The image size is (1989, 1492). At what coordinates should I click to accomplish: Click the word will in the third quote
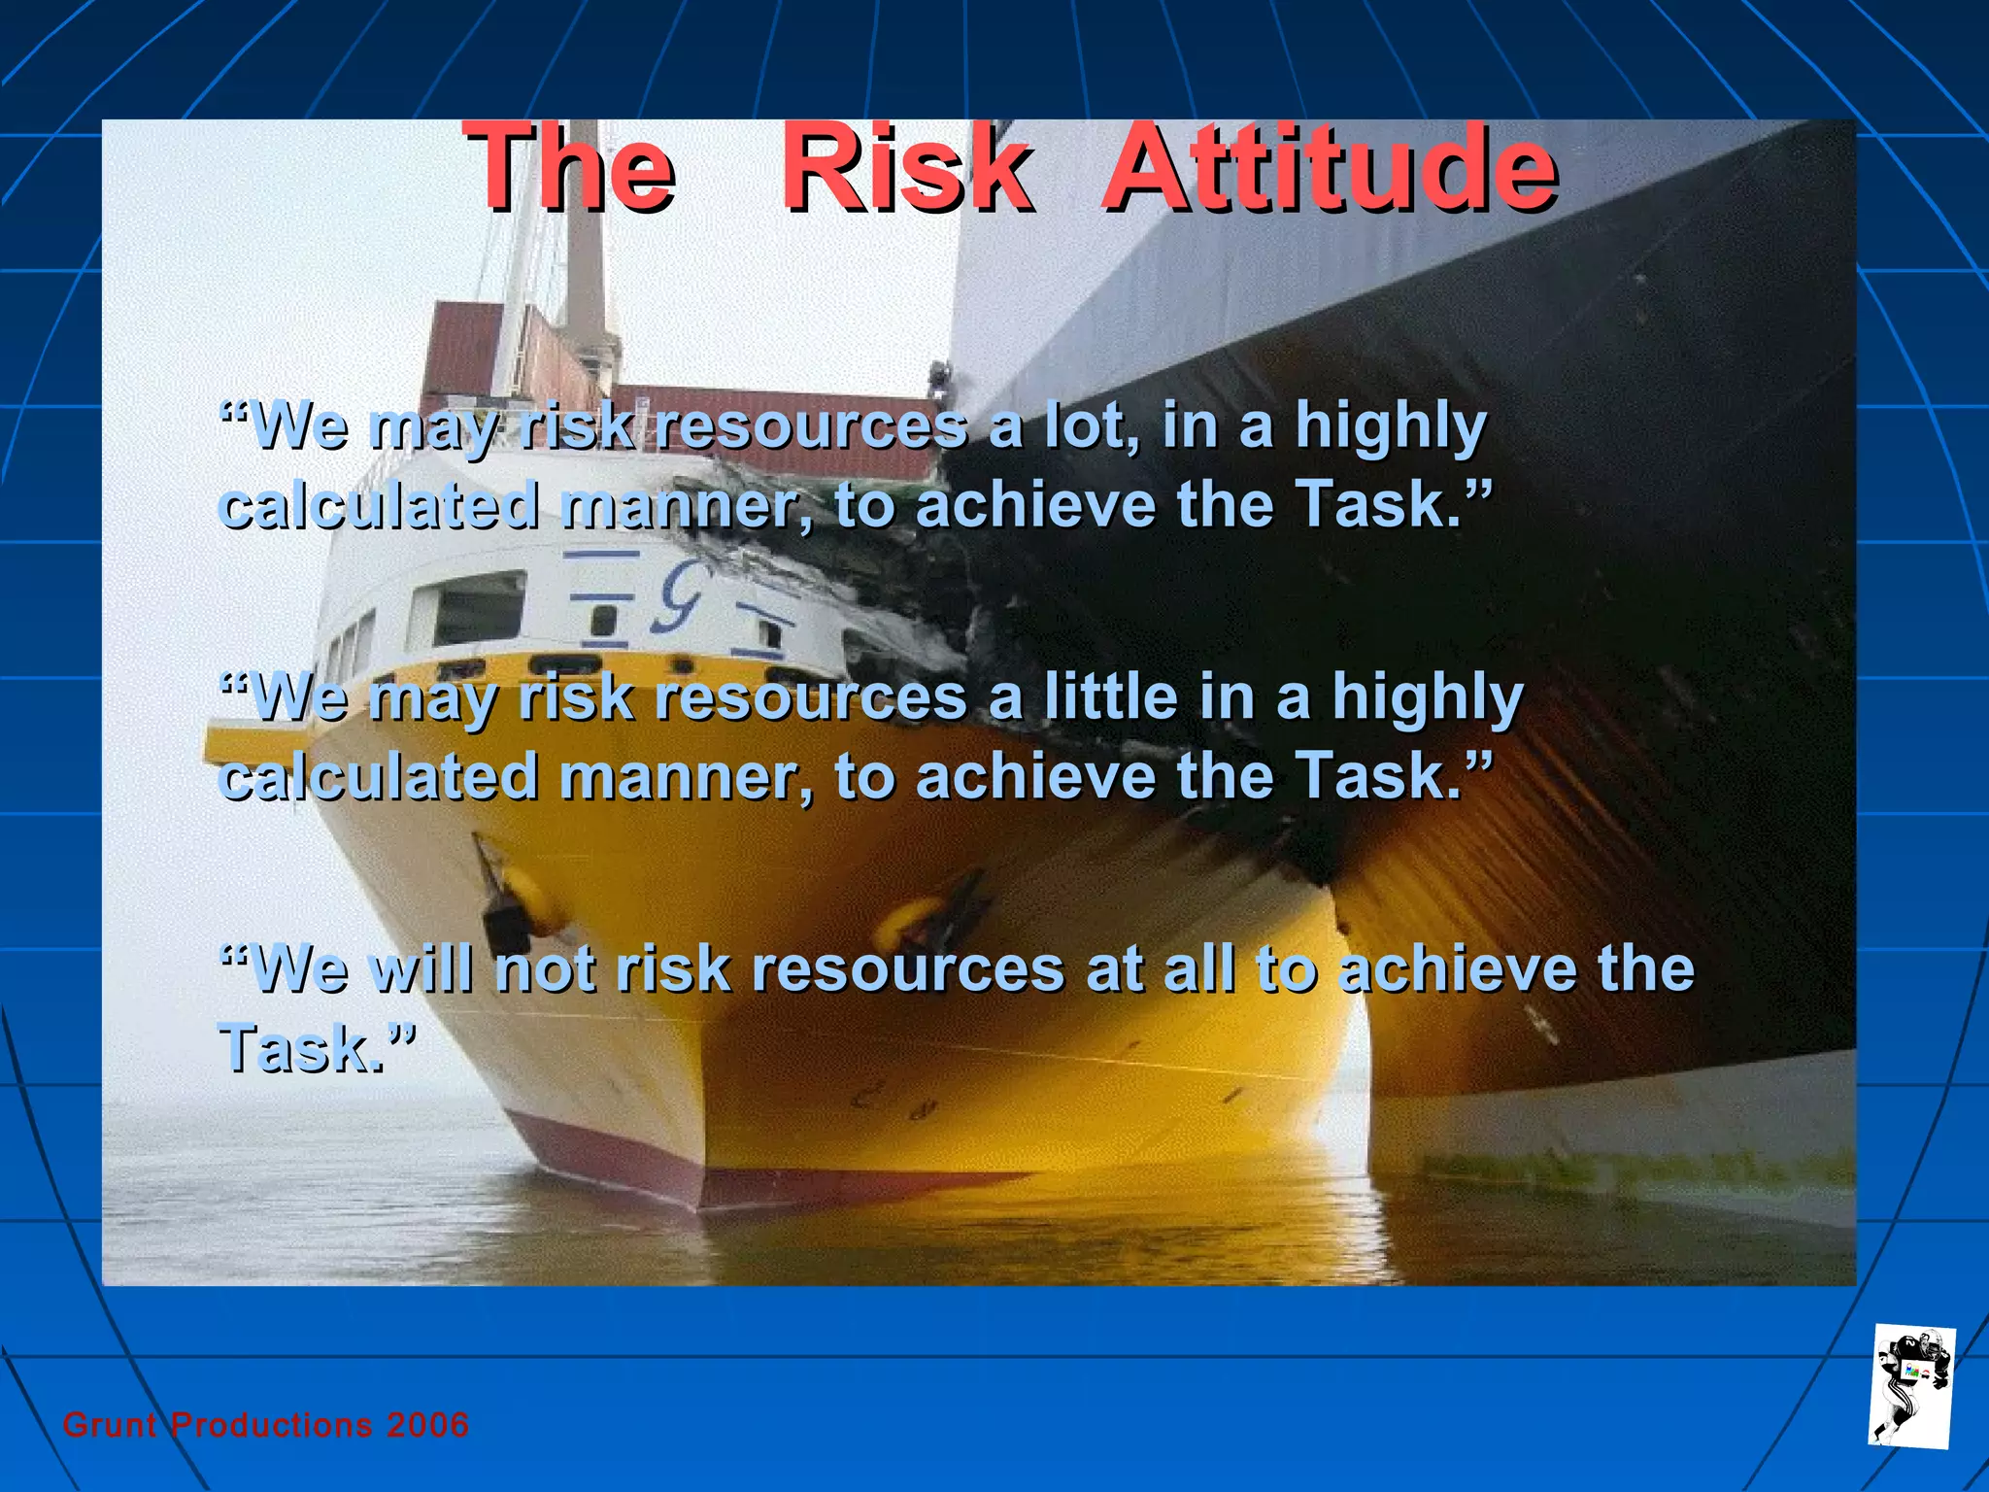pos(423,968)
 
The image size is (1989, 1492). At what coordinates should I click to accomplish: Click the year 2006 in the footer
pos(427,1425)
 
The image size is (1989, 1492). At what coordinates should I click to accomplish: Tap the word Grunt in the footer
pos(110,1425)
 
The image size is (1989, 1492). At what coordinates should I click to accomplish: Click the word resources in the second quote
pos(810,698)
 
